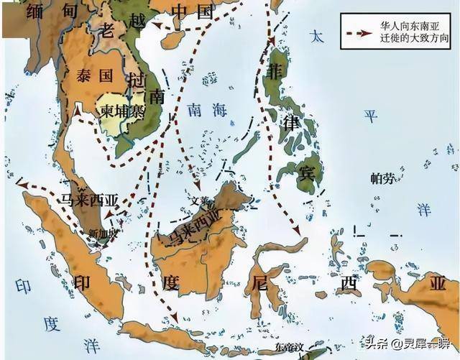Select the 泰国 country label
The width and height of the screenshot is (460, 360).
(100, 74)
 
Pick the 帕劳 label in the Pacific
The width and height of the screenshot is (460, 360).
(382, 178)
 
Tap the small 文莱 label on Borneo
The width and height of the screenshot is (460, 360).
(198, 200)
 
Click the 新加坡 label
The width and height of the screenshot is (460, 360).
(101, 232)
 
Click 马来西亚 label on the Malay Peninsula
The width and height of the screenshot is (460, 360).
(89, 200)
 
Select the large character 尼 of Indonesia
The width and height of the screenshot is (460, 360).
(260, 282)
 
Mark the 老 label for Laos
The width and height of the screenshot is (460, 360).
(106, 32)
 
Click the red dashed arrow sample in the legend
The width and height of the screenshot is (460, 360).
(356, 34)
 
